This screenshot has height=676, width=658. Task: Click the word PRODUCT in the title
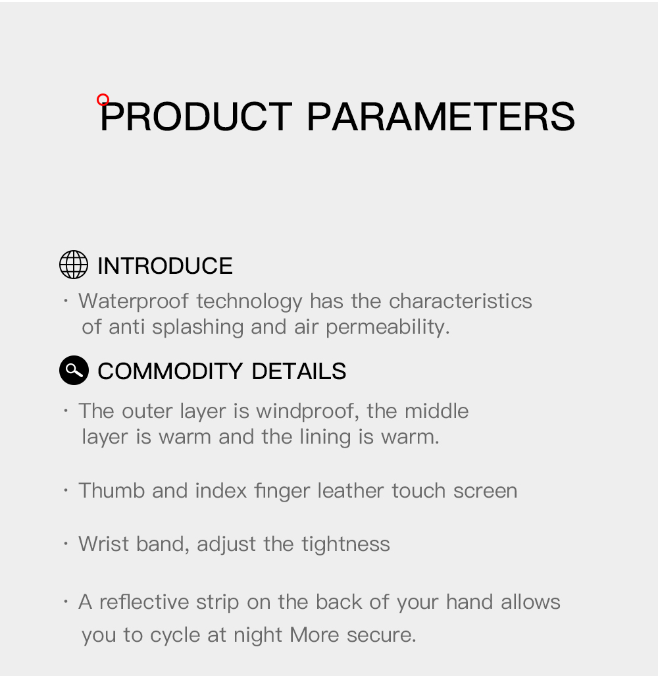(196, 117)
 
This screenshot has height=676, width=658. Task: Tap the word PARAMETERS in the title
(440, 117)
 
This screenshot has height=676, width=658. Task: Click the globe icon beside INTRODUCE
(74, 265)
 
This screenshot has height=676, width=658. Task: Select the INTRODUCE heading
(164, 266)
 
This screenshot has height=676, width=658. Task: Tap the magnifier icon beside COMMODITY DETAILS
(74, 371)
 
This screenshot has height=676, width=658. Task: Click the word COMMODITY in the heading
(171, 371)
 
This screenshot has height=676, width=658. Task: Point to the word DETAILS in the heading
(299, 371)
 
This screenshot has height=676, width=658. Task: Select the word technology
(249, 301)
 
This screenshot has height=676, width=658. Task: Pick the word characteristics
(460, 301)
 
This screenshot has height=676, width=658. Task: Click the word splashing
(197, 327)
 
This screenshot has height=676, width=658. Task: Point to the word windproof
(307, 411)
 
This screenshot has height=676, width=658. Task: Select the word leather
(351, 490)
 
